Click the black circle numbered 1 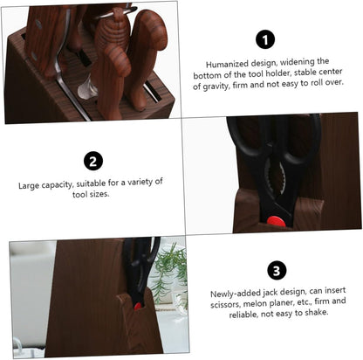click(x=265, y=40)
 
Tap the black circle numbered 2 click(x=93, y=162)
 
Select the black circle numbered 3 click(x=277, y=271)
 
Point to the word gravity click(x=216, y=87)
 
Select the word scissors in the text click(x=225, y=304)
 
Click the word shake click(x=317, y=313)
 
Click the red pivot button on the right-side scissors click(x=276, y=220)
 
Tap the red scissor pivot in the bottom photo click(x=138, y=306)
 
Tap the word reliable click(x=243, y=315)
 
